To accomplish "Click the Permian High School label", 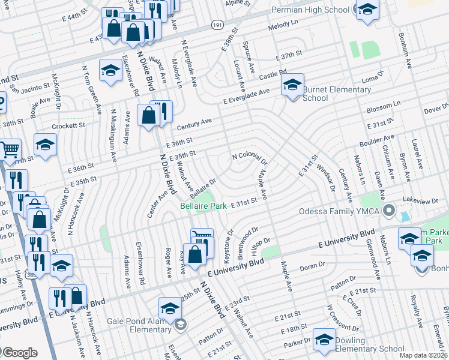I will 310,10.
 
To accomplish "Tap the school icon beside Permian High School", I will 367,11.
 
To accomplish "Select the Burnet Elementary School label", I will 337,94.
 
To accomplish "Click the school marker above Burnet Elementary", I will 292,85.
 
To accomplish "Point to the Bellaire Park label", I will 203,206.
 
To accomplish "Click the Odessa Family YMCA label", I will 342,211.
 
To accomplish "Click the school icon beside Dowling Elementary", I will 324,340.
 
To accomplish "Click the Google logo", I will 19,352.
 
